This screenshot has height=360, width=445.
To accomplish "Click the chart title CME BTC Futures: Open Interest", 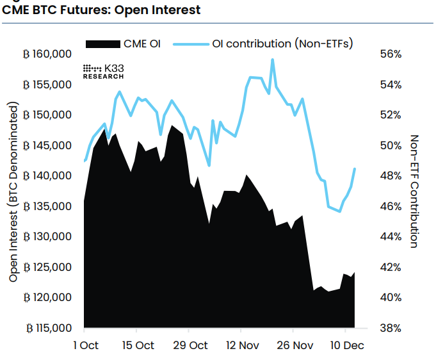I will pos(102,10).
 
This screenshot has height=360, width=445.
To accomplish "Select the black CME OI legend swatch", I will pos(103,44).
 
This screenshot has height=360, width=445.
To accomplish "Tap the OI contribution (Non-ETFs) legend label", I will pos(282,44).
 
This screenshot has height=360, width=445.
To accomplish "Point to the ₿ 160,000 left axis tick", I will pos(47,54).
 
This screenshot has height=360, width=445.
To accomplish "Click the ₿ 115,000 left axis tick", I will pos(47,328).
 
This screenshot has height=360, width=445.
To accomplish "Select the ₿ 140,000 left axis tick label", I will pos(47,176).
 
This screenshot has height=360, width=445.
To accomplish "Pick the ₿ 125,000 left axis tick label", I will pos(47,267).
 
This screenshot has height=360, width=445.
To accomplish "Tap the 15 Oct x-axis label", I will pos(138,346).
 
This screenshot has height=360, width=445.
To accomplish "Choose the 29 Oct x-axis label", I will pos(190,346).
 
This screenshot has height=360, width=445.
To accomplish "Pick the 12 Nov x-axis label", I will pos(242,346).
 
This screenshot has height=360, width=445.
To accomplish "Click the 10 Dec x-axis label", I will pos(346,346).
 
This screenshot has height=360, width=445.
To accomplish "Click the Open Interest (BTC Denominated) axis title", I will pos(13,192).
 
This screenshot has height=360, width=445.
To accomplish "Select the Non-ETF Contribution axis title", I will pos(414,191).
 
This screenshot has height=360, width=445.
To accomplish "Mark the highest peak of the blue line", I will pos(273,60).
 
